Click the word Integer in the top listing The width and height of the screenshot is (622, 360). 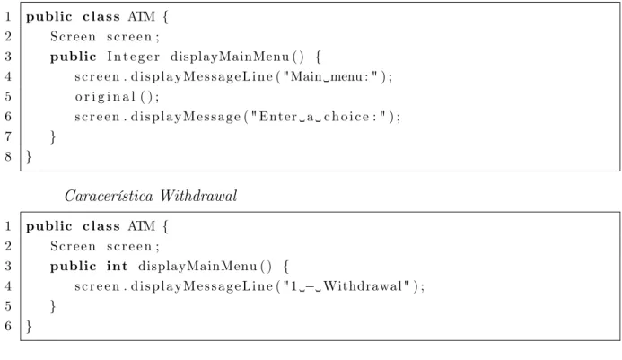coord(133,57)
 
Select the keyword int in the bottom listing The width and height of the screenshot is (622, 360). coord(117,267)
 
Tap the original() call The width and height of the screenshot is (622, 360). coord(117,97)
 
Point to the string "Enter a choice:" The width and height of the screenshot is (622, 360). coord(322,117)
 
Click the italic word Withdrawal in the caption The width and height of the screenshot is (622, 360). coord(198,196)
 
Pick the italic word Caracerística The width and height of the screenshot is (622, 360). coord(109,196)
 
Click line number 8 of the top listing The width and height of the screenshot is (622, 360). coord(8,157)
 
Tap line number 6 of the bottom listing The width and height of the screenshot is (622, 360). coord(8,326)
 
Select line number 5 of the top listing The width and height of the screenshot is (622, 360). coord(8,97)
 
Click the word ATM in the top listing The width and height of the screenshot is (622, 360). coord(142,17)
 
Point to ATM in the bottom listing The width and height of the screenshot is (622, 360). coord(142,226)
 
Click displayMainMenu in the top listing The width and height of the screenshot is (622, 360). coord(230,57)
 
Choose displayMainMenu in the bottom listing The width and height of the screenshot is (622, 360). coord(198,267)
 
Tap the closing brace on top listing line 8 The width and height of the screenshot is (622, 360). coord(29,157)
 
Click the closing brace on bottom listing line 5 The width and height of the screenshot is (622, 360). coord(53,307)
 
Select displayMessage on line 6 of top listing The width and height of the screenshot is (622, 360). coord(186,117)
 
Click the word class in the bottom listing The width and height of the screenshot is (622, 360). coord(101,226)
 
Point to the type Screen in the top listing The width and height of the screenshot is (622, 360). coord(73,37)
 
